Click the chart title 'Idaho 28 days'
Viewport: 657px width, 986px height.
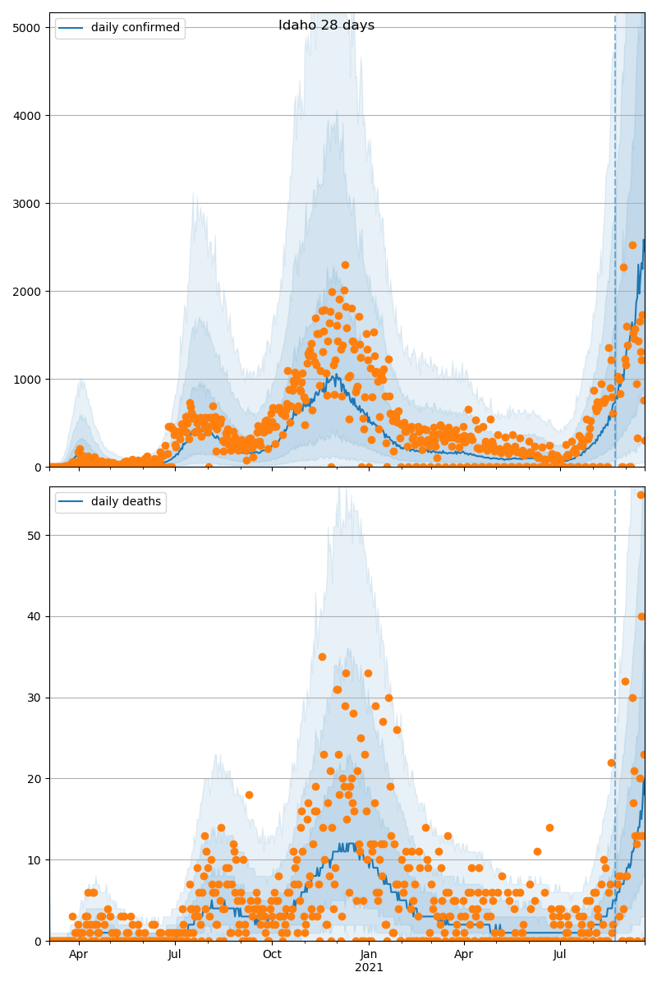pyautogui.click(x=326, y=25)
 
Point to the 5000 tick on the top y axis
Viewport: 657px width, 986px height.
pyautogui.click(x=30, y=27)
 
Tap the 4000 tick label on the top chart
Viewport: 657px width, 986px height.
pyautogui.click(x=30, y=115)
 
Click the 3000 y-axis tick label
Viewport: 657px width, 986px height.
pyautogui.click(x=30, y=203)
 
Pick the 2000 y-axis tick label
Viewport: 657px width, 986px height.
pyautogui.click(x=30, y=291)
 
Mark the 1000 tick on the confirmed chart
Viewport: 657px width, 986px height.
pyautogui.click(x=30, y=379)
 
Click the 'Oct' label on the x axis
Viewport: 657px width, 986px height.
pyautogui.click(x=272, y=954)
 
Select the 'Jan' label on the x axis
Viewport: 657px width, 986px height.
pyautogui.click(x=369, y=954)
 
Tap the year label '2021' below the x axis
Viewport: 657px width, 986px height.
pyautogui.click(x=369, y=967)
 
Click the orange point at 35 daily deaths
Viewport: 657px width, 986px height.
pyautogui.click(x=322, y=657)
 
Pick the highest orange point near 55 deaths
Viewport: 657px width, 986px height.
pyautogui.click(x=641, y=495)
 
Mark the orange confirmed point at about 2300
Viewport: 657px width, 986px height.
pyautogui.click(x=345, y=265)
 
